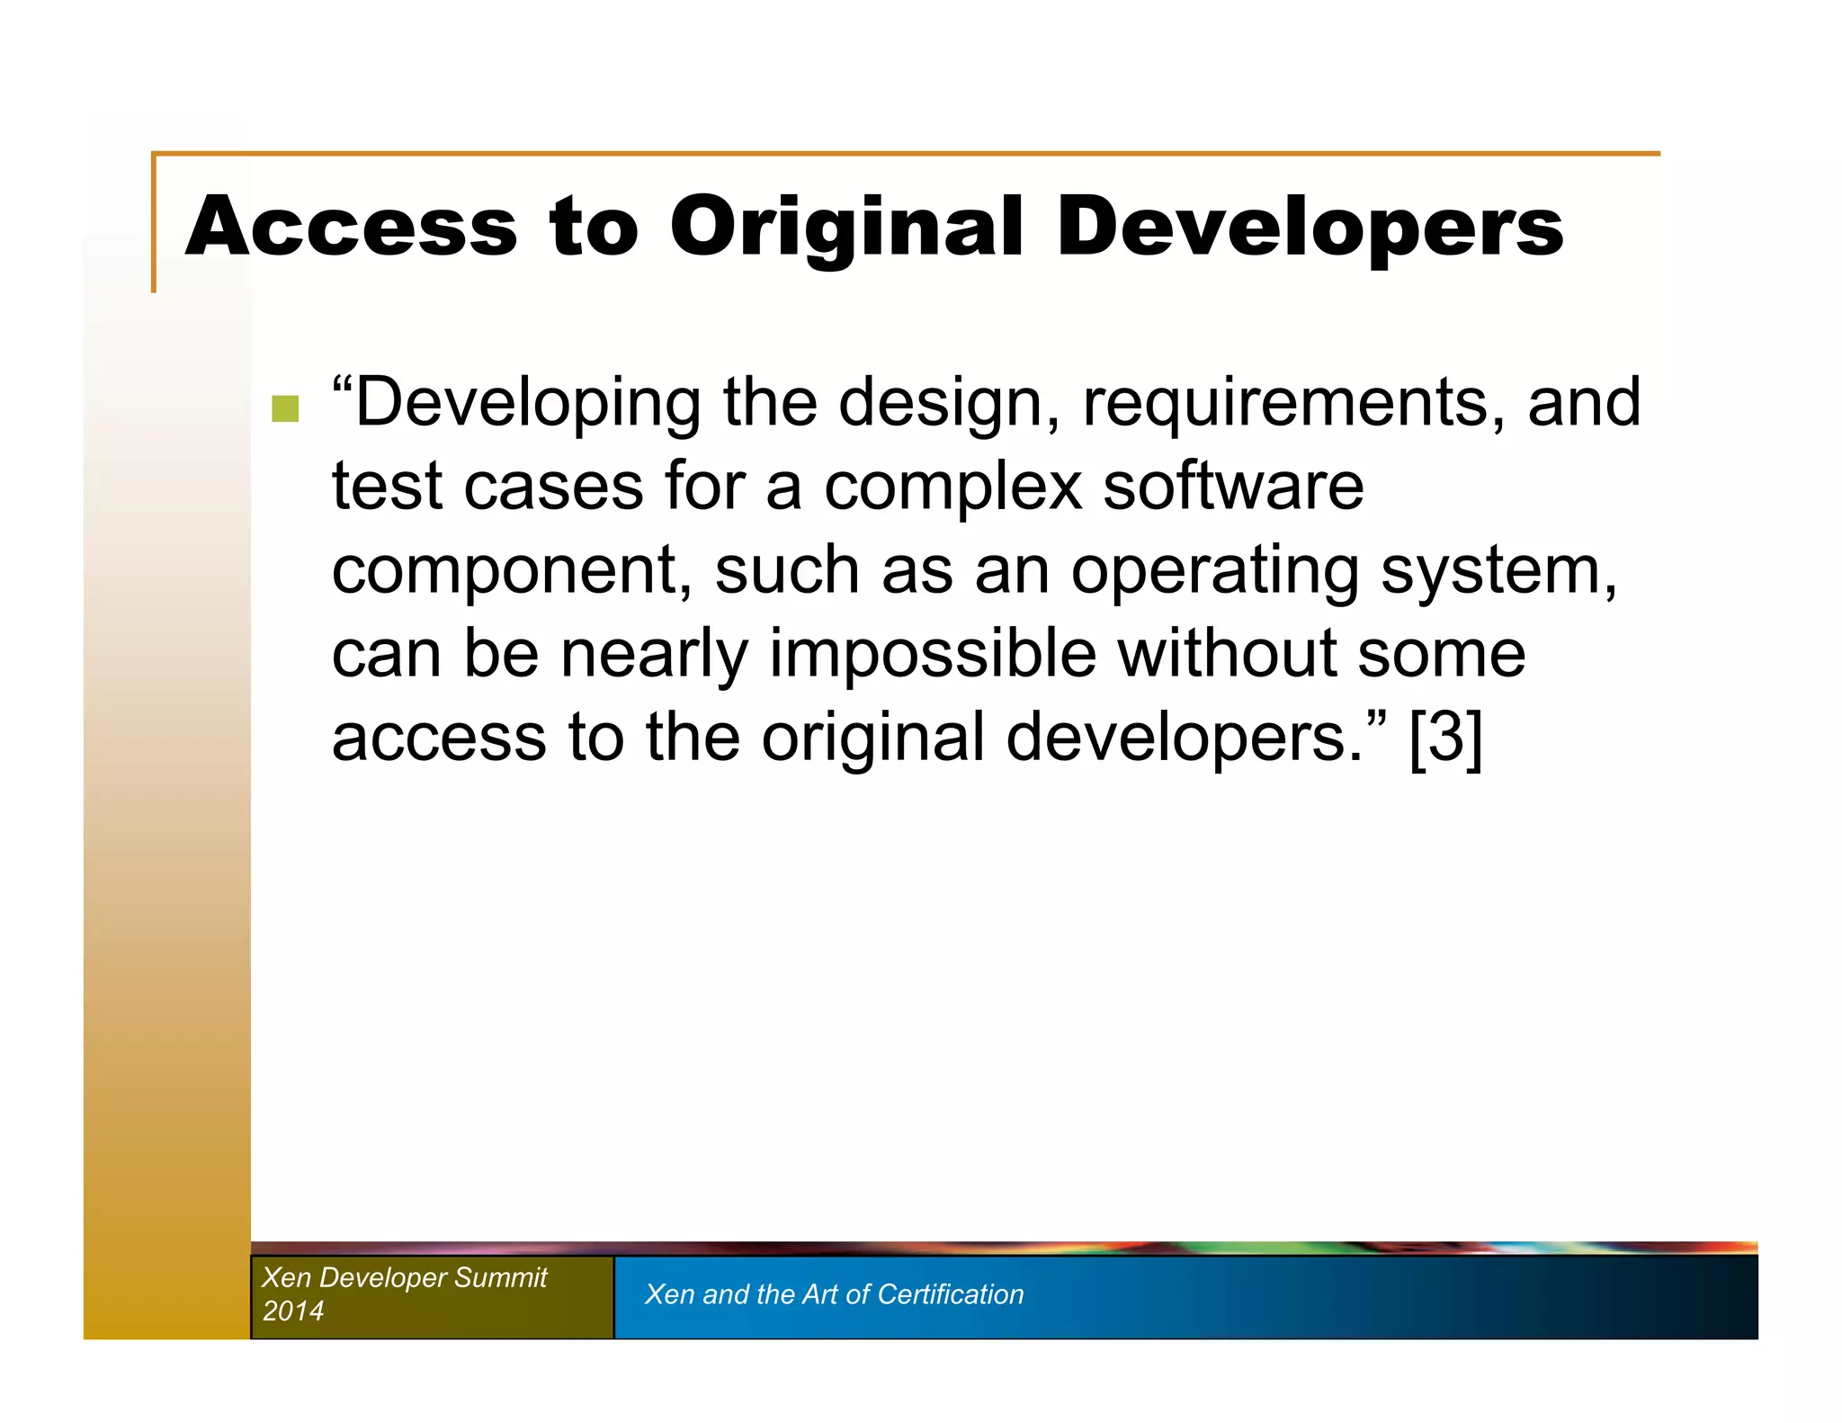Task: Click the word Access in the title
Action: [351, 227]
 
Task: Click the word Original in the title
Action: [845, 227]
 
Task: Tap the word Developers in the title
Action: [1309, 227]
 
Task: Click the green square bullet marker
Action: [285, 408]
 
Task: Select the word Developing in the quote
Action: [526, 403]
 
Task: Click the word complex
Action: [952, 486]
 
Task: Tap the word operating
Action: [1214, 570]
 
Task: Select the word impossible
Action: [932, 654]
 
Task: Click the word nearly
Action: [654, 654]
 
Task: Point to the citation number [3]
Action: [1445, 738]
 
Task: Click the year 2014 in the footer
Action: [292, 1311]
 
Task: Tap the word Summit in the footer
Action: [500, 1277]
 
